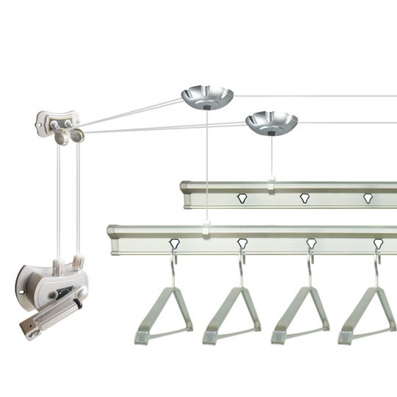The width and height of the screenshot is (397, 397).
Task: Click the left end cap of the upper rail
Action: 187,194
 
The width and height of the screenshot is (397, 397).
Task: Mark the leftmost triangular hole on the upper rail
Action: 241,197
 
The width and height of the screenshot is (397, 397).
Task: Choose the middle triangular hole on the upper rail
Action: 304,197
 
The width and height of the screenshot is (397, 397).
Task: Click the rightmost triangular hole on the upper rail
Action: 368,198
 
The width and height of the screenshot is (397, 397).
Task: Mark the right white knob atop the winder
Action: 76,261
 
